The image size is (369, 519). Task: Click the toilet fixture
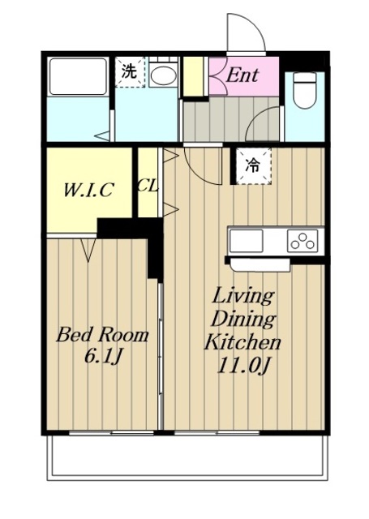[x=305, y=90]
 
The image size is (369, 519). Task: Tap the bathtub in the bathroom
[x=78, y=77]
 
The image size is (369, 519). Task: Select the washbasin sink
[x=163, y=75]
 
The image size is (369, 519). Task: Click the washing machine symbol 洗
[x=130, y=72]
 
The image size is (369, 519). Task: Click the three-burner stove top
[x=302, y=241]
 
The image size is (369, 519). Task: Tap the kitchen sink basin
[x=247, y=241]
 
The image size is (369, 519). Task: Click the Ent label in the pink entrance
[x=242, y=75]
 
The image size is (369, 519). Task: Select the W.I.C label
[x=88, y=190]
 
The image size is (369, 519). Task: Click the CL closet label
[x=148, y=186]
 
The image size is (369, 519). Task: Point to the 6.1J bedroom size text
[x=103, y=356]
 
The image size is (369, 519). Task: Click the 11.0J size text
[x=242, y=366]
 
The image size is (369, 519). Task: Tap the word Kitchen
[x=242, y=342]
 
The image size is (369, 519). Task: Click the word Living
[x=243, y=295]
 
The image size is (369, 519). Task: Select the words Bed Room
[x=102, y=335]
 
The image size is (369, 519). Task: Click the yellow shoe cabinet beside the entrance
[x=193, y=76]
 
